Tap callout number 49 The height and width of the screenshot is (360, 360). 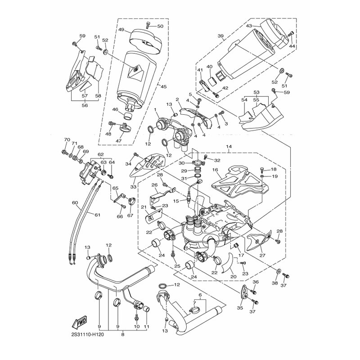(x=121, y=29)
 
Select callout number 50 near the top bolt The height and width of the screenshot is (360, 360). (x=161, y=27)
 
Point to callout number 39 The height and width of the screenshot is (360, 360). (x=220, y=36)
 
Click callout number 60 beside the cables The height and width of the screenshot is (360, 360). (x=75, y=202)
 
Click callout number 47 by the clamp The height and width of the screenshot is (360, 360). (x=120, y=140)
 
